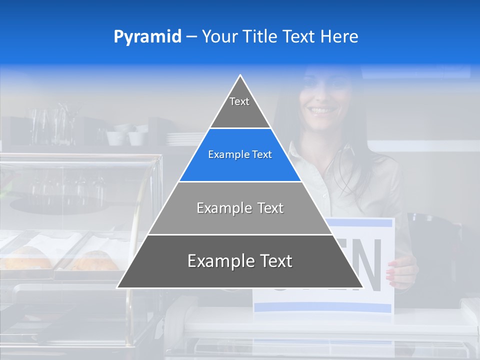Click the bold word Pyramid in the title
click(x=147, y=37)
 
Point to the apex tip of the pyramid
click(x=240, y=76)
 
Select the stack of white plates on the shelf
click(x=182, y=138)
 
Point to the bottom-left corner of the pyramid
click(x=118, y=287)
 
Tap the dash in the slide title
click(x=191, y=37)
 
